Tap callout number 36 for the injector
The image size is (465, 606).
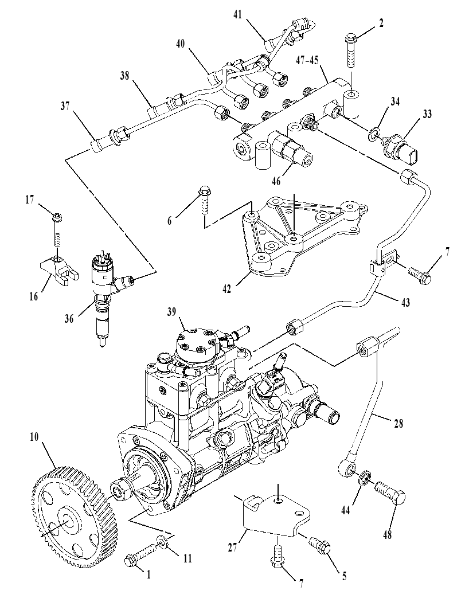pos(69,318)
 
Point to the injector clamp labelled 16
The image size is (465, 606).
pos(58,271)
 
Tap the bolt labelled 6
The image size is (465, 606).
pos(204,201)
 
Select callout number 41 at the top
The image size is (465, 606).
pos(238,15)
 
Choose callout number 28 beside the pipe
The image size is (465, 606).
pos(398,424)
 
